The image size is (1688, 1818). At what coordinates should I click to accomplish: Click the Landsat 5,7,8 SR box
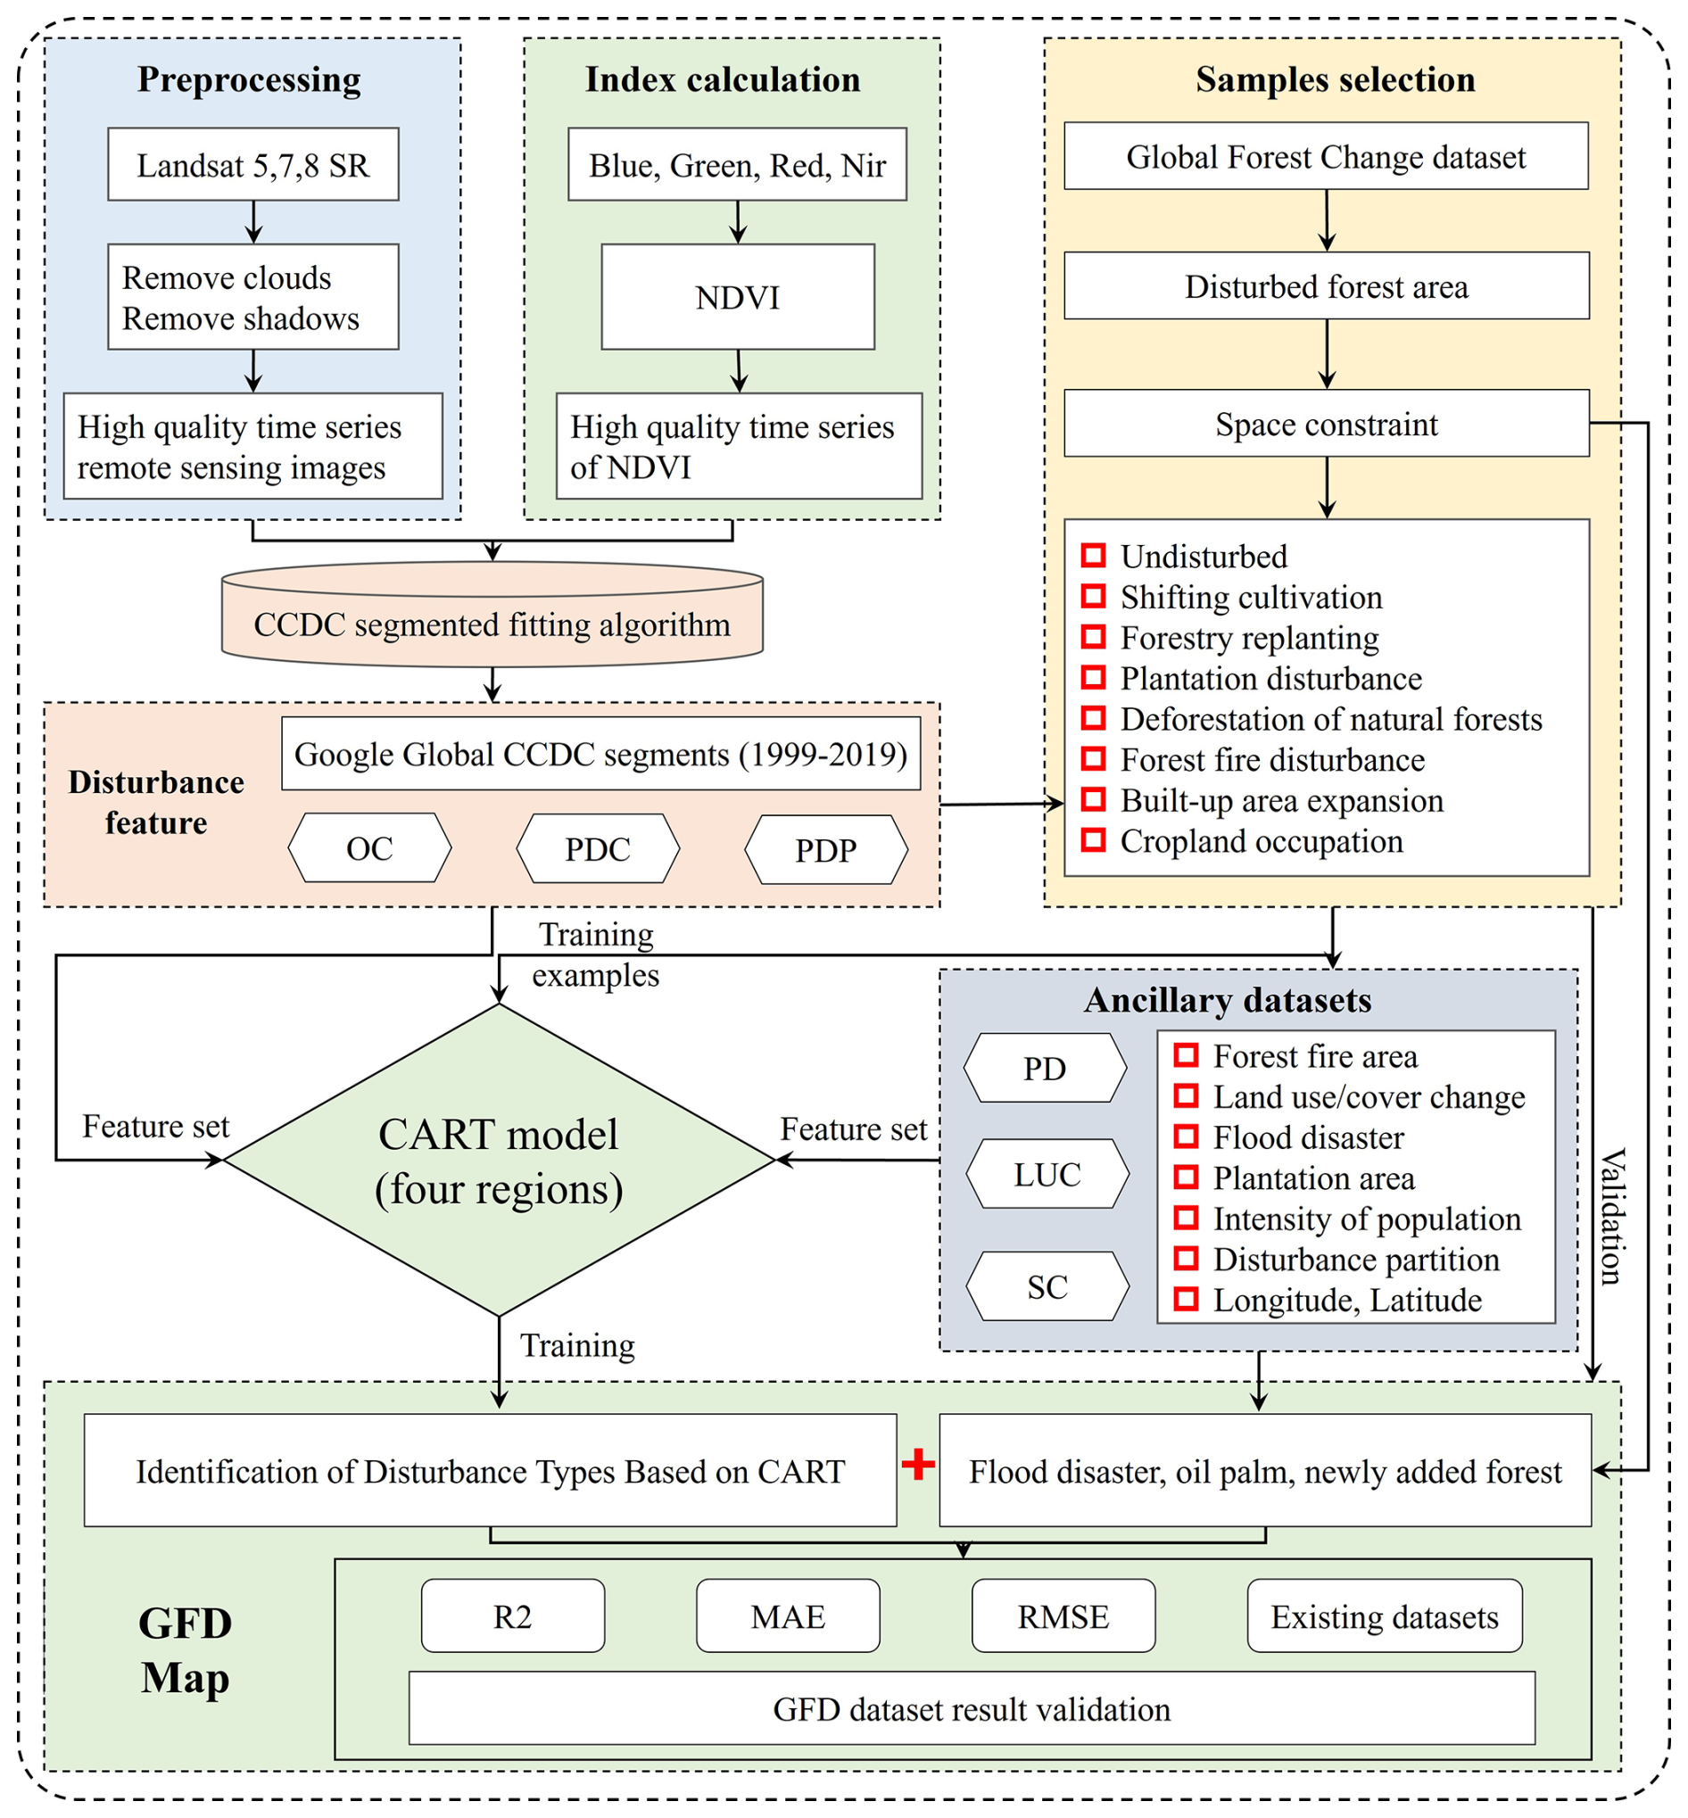coord(253,164)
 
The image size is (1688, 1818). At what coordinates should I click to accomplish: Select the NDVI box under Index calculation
coord(737,297)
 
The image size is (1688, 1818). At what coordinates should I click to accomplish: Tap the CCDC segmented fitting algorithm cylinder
coord(492,624)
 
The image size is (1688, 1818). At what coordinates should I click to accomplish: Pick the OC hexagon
coord(369,848)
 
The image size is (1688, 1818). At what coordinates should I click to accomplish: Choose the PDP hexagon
coord(826,850)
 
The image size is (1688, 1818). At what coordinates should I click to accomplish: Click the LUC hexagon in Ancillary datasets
coord(1047,1174)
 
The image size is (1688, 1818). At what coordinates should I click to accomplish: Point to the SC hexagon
coord(1047,1286)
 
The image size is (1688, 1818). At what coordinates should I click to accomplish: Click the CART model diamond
coord(499,1161)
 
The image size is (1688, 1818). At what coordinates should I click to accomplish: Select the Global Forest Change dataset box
coord(1326,157)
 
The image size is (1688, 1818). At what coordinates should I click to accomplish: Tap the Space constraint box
coord(1326,424)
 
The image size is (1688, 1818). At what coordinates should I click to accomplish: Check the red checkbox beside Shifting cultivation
coord(1094,596)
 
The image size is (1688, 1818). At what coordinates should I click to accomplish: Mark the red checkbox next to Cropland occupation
coord(1094,840)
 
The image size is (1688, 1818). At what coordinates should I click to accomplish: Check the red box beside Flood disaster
coord(1186,1136)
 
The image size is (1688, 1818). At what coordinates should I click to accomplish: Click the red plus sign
coord(918,1465)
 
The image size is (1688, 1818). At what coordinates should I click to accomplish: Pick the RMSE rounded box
coord(1063,1616)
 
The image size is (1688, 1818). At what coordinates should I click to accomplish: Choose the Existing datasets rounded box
coord(1384,1616)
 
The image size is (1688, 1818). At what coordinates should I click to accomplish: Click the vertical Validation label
coord(1612,1216)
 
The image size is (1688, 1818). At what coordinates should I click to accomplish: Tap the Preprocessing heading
coord(248,79)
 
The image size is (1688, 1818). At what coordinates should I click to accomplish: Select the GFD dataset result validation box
coord(971,1708)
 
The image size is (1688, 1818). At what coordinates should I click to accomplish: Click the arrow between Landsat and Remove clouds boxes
coord(254,222)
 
